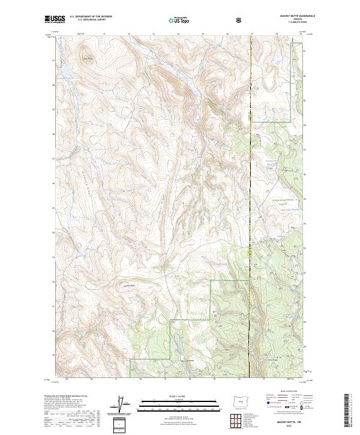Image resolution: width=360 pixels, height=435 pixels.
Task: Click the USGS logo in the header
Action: (56, 19)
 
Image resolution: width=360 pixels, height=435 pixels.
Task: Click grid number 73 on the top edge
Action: (154, 34)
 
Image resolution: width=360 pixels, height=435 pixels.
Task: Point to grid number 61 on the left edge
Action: (53, 61)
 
